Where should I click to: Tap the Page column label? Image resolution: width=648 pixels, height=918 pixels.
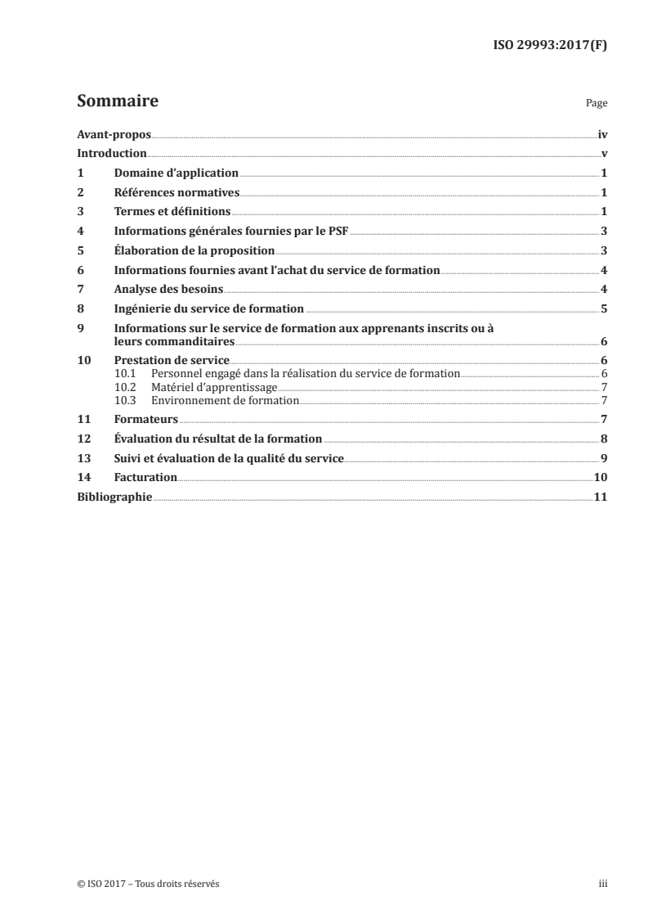[597, 105]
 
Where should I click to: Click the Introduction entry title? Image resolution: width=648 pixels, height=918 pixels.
[112, 154]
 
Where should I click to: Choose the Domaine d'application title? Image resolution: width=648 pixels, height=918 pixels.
[176, 173]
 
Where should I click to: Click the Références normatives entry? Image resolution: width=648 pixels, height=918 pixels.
[176, 193]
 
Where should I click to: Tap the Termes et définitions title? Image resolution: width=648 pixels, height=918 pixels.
[172, 212]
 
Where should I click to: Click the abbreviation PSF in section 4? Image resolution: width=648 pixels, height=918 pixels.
[337, 232]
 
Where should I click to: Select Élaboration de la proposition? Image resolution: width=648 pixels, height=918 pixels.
[194, 251]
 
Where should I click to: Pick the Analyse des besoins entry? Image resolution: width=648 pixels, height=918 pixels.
[168, 290]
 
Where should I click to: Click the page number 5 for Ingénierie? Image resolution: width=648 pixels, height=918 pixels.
[604, 309]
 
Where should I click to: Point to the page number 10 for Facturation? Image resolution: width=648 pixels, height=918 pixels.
[601, 478]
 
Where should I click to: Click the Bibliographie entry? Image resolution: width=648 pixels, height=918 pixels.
[114, 497]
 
